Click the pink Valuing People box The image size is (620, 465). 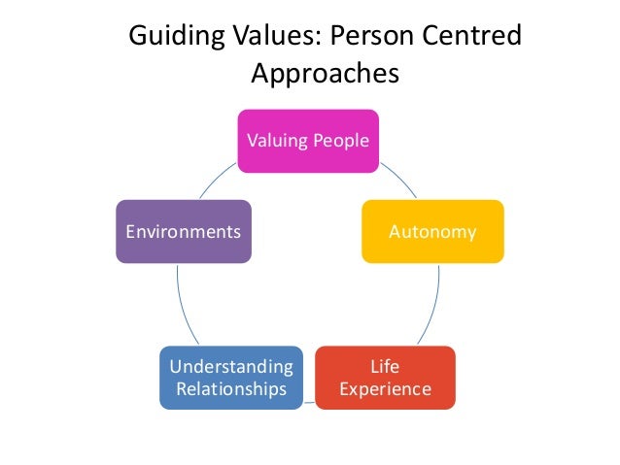tap(308, 141)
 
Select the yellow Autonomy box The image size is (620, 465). tap(432, 231)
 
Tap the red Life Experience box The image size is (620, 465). tap(386, 378)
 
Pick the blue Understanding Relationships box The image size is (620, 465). tap(230, 378)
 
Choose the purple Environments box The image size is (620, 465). tap(184, 231)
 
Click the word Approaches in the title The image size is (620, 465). tap(325, 74)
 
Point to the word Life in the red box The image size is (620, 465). tap(386, 366)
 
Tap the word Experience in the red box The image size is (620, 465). tap(386, 389)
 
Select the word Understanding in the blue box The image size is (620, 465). tap(230, 366)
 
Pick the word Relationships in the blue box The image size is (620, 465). tap(230, 389)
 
